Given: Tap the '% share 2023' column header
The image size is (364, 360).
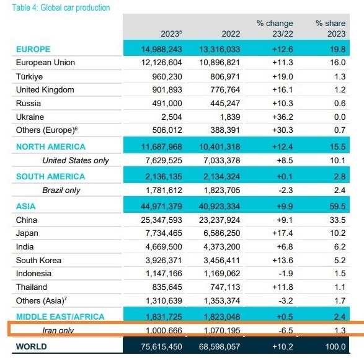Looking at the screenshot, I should click(x=330, y=28).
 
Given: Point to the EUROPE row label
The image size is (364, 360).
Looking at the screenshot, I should click(x=33, y=49).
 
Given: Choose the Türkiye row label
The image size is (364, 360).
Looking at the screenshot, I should click(x=29, y=76).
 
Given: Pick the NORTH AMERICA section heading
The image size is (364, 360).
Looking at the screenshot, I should click(x=51, y=146).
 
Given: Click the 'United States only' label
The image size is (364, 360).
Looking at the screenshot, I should click(x=75, y=160).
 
